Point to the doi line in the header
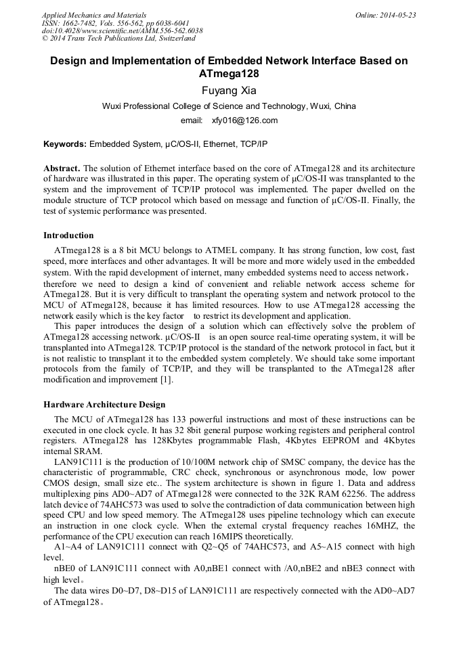point(122,30)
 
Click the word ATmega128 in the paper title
point(229,73)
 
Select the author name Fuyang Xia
point(229,89)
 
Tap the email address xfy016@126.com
point(244,120)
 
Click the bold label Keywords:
point(65,144)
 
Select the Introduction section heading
point(68,236)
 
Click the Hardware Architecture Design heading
point(104,405)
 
